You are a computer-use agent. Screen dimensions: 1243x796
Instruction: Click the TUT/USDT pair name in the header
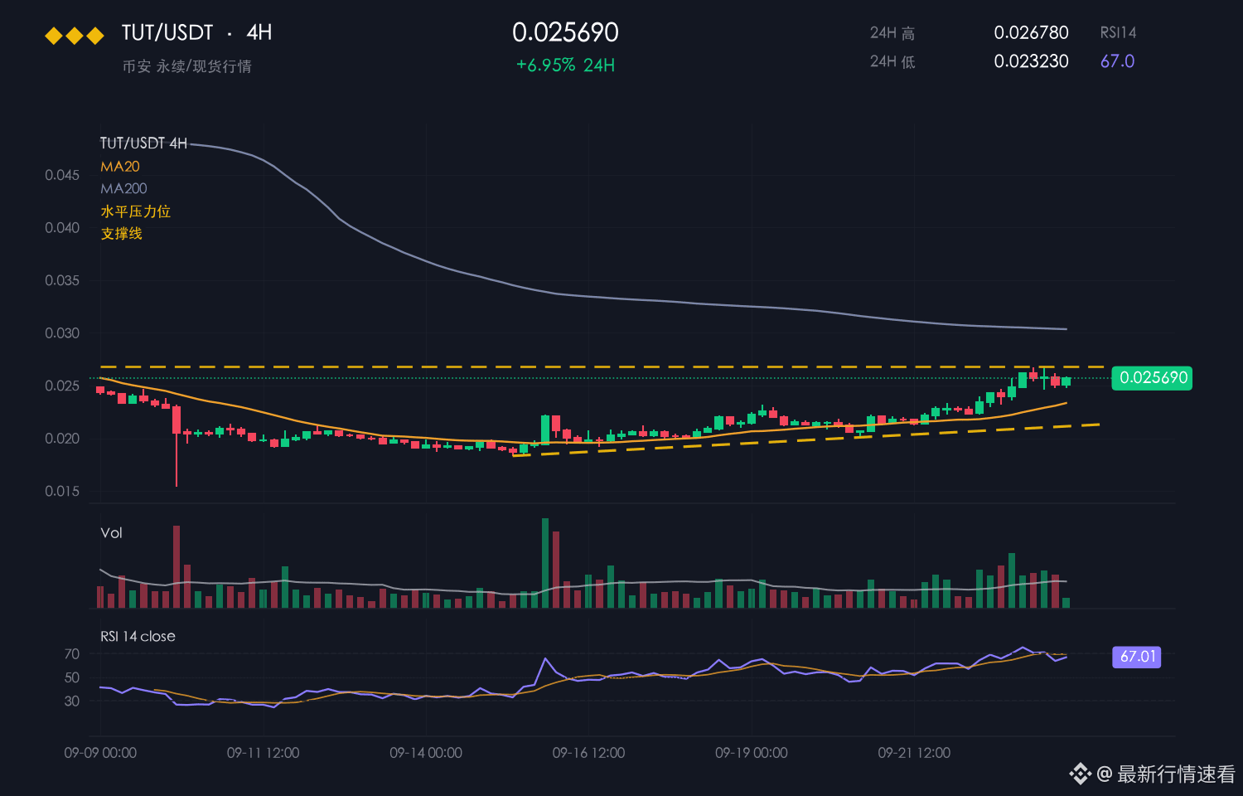[x=167, y=32]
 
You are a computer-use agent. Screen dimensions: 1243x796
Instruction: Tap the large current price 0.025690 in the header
[x=565, y=32]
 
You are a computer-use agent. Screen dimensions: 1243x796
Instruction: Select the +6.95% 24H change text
[x=565, y=66]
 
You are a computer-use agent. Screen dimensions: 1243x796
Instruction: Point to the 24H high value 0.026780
[x=1031, y=32]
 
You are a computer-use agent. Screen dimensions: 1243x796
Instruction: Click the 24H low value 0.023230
[x=1031, y=61]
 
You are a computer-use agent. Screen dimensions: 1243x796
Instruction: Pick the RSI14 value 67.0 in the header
[x=1117, y=61]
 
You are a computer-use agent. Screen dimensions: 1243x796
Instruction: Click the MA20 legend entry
[x=120, y=167]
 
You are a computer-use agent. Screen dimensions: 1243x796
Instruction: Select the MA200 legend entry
[x=123, y=189]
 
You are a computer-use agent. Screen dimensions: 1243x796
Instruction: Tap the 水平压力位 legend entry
[x=135, y=211]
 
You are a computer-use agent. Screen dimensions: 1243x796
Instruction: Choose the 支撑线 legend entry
[x=122, y=234]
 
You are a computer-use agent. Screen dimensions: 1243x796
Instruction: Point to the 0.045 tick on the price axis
[x=62, y=176]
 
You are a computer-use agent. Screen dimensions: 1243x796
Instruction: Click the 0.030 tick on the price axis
[x=62, y=333]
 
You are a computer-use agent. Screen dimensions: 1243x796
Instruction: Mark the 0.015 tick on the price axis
[x=62, y=491]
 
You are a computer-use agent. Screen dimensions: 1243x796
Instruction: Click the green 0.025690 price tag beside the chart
[x=1152, y=378]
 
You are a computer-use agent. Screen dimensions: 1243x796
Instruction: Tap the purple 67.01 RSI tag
[x=1136, y=657]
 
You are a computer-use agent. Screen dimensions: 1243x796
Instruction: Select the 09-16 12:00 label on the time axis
[x=588, y=753]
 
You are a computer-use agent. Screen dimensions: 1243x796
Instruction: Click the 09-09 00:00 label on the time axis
[x=100, y=753]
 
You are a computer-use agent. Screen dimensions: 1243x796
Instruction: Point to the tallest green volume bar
[x=545, y=563]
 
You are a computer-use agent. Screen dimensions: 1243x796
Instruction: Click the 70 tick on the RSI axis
[x=72, y=654]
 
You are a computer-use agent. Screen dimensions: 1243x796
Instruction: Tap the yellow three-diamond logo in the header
[x=75, y=36]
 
